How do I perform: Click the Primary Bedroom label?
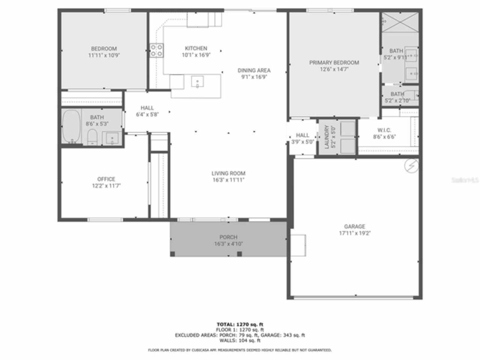(x=334, y=63)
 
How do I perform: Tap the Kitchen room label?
(x=196, y=48)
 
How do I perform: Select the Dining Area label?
(x=254, y=70)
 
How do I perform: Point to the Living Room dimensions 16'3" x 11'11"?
(x=228, y=180)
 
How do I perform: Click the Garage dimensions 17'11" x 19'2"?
(x=355, y=233)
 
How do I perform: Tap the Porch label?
(x=228, y=237)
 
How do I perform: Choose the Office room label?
(x=106, y=179)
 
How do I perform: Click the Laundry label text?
(x=327, y=137)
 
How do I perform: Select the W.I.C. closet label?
(x=384, y=130)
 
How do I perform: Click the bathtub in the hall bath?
(x=71, y=127)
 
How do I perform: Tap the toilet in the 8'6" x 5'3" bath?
(x=93, y=137)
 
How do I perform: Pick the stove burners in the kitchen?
(x=156, y=50)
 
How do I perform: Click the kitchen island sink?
(x=197, y=81)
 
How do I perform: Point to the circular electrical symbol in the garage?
(x=411, y=165)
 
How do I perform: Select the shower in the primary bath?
(x=400, y=22)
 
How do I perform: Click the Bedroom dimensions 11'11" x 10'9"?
(x=104, y=55)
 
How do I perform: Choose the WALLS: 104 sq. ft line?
(x=240, y=340)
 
